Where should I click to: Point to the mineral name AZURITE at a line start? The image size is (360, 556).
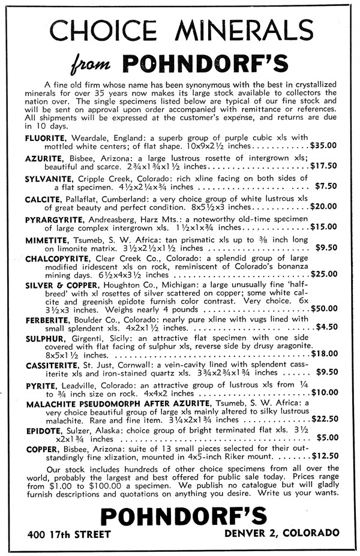pyautogui.click(x=44, y=157)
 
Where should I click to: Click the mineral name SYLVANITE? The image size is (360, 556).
pyautogui.click(x=49, y=178)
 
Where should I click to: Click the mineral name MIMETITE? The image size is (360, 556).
pyautogui.click(x=47, y=239)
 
